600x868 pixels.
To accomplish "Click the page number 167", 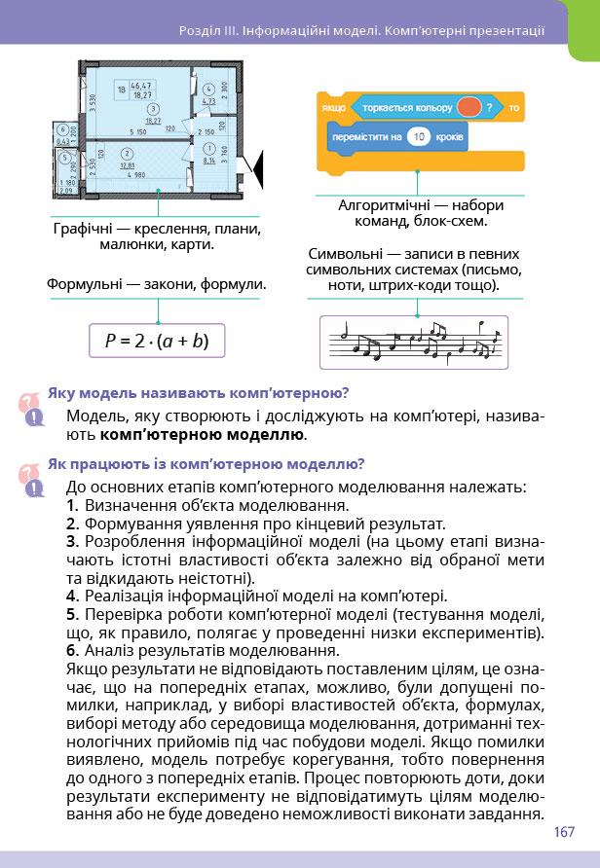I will [x=564, y=832].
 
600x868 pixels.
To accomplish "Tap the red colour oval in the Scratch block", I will [x=468, y=105].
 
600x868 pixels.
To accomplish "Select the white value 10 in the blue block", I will [x=419, y=137].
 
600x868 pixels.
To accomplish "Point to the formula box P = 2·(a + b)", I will [x=157, y=342].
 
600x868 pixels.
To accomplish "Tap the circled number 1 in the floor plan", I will [x=209, y=147].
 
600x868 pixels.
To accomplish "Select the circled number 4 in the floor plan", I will [x=207, y=90].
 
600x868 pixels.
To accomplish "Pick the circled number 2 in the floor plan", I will [x=128, y=154].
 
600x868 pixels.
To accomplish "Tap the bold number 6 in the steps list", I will [x=72, y=651].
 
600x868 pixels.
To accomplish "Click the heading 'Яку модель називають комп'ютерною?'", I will [x=198, y=393].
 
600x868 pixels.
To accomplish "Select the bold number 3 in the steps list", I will [x=72, y=541].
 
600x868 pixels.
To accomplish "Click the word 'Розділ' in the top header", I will [x=202, y=31].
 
